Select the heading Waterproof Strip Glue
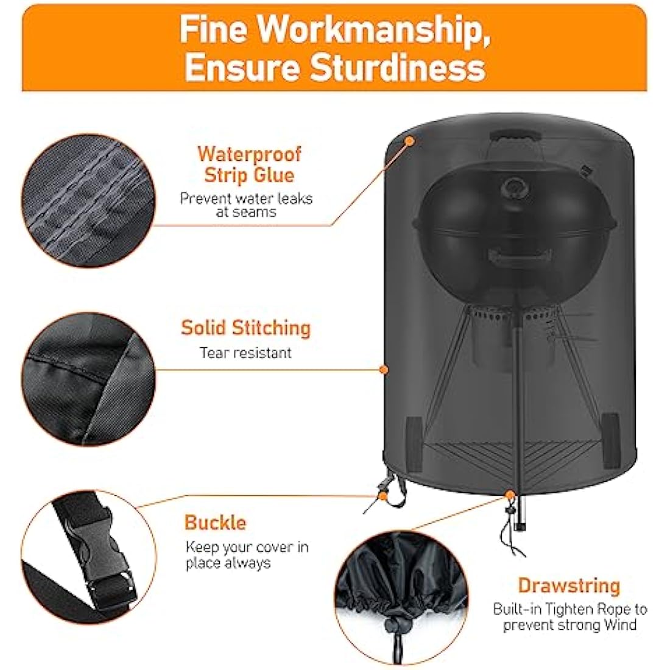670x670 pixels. [249, 164]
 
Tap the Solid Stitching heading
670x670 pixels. [245, 328]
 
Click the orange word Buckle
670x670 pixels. [215, 523]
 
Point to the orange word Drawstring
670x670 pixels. [569, 586]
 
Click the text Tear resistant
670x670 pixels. [245, 353]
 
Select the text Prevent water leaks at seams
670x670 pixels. [246, 205]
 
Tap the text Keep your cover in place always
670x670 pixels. [247, 554]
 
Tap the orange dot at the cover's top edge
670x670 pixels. [410, 141]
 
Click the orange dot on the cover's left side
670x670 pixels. [383, 369]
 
